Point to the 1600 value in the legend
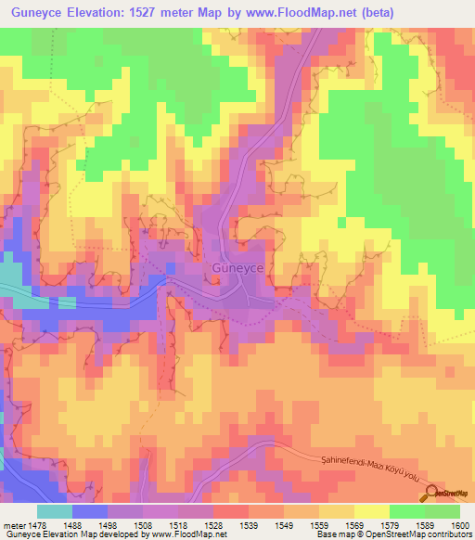[459, 526]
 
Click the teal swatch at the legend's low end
[55, 511]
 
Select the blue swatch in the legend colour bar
[90, 511]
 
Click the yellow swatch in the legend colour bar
[372, 511]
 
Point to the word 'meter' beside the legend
[15, 526]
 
